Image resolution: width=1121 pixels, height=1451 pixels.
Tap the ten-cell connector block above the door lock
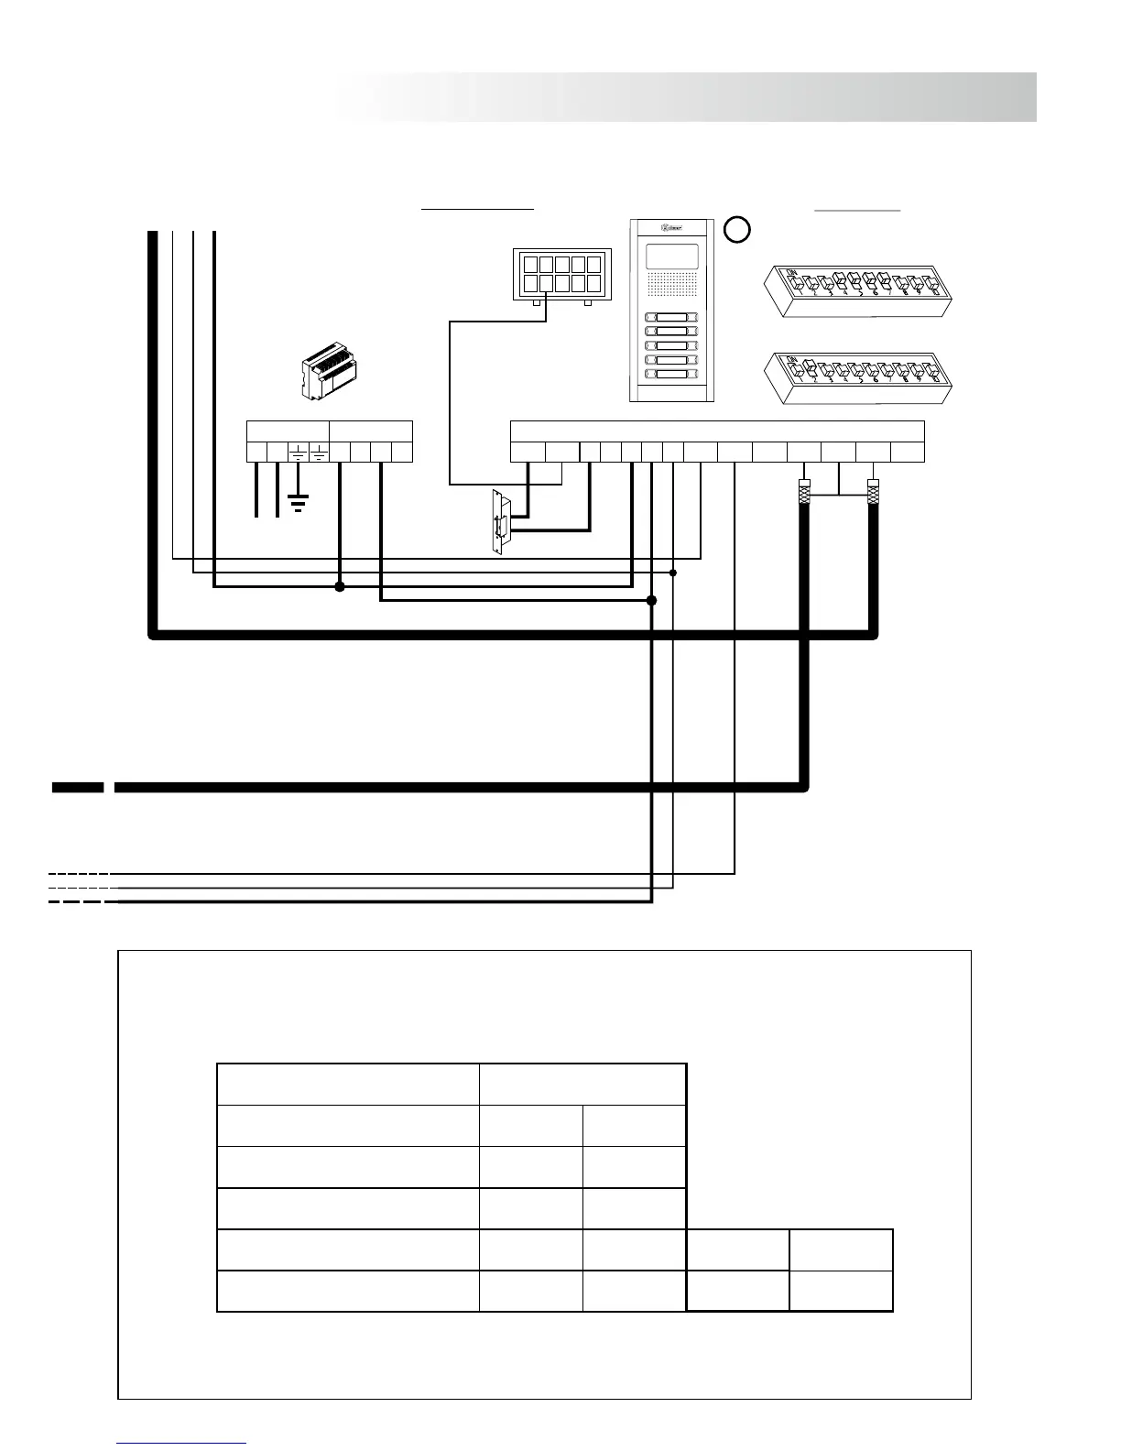click(x=557, y=273)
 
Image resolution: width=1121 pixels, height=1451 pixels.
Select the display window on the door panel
click(x=672, y=256)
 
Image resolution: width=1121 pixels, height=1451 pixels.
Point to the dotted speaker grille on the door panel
click(x=672, y=286)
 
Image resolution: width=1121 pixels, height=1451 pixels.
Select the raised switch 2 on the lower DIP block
click(x=811, y=370)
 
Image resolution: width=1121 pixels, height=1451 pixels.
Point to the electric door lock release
click(x=499, y=522)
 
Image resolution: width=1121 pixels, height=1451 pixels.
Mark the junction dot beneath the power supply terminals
click(x=340, y=587)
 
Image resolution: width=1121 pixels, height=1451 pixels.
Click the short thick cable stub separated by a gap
click(x=77, y=787)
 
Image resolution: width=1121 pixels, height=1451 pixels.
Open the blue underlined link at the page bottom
click(x=181, y=1443)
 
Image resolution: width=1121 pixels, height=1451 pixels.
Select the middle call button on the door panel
click(x=672, y=346)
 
